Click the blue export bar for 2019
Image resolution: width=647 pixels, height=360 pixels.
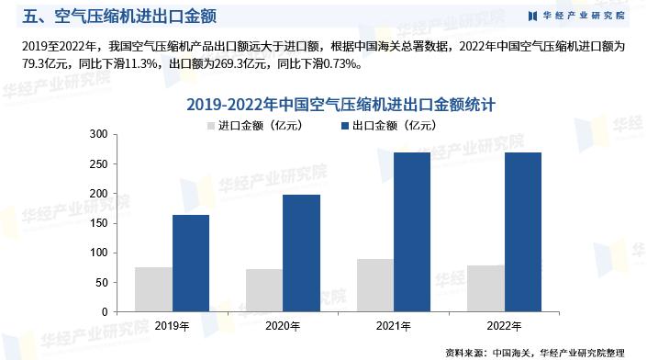pyautogui.click(x=191, y=263)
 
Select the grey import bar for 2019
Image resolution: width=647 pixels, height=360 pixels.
pyautogui.click(x=153, y=289)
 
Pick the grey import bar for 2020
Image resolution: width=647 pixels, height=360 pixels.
pyautogui.click(x=263, y=290)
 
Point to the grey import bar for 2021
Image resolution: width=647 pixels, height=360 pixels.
pyautogui.click(x=374, y=285)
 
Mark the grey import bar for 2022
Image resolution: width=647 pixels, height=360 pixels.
pyautogui.click(x=485, y=288)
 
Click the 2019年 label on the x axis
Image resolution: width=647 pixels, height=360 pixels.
pyautogui.click(x=173, y=326)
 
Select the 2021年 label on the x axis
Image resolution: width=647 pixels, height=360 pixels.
pyautogui.click(x=393, y=326)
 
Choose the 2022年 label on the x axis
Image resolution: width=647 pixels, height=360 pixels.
pyautogui.click(x=504, y=326)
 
